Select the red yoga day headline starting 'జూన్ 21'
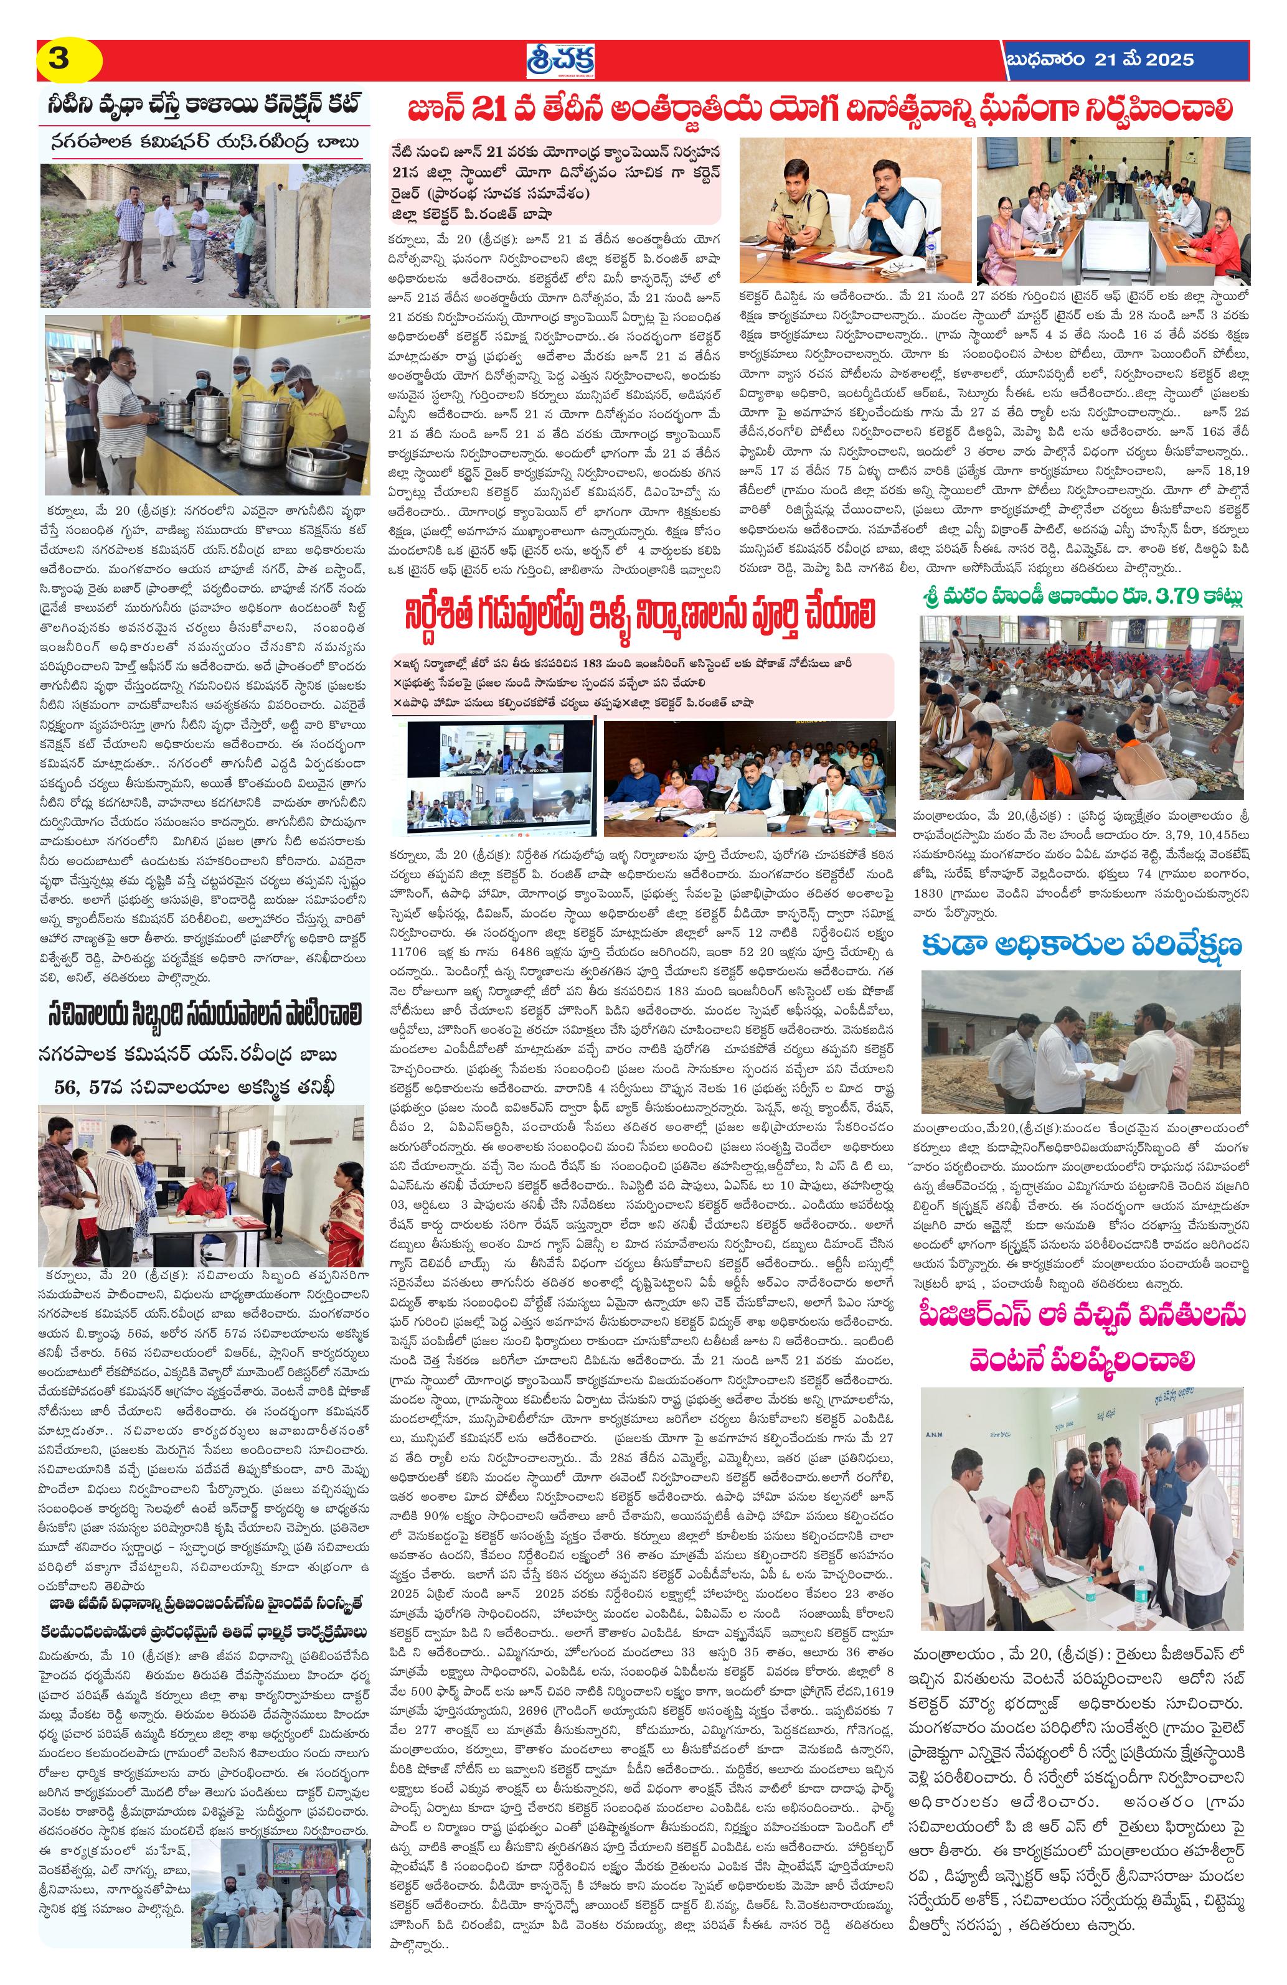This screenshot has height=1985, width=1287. [818, 110]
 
